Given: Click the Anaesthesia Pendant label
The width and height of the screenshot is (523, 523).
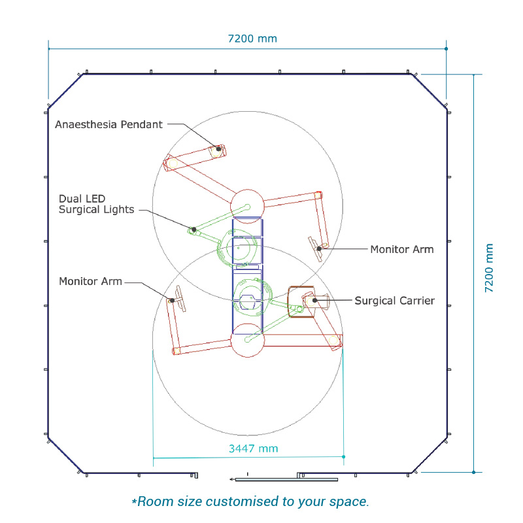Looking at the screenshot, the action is pos(109,124).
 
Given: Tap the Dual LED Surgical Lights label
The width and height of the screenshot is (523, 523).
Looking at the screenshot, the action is pos(96,204).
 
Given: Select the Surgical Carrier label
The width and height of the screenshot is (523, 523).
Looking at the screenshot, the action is pos(395,301).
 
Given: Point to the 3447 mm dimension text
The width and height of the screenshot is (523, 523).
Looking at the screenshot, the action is pos(254,448).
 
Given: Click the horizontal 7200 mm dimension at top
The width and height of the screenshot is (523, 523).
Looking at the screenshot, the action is pos(252,39).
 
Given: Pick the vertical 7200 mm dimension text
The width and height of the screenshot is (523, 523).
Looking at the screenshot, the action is pos(488,268).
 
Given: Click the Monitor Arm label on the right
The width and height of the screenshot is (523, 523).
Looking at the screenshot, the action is pos(402,249).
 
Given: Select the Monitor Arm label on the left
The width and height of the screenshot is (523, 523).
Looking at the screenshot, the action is pos(90,281).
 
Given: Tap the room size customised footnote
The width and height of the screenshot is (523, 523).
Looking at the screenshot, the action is pos(250,501).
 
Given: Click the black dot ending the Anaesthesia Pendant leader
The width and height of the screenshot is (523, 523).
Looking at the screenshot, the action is pos(218,149).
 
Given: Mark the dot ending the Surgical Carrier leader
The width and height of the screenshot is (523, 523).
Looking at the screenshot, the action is pos(314,300).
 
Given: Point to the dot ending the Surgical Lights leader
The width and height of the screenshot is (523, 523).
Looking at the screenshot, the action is pos(194,229).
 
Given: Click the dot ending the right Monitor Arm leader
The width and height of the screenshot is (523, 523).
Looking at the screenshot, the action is pos(319,248).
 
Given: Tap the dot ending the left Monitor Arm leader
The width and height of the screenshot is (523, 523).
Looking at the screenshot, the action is pos(172,301).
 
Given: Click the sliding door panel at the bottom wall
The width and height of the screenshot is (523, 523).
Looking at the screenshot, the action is pos(286,480).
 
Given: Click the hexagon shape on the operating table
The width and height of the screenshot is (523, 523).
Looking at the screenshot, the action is pos(248,302).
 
